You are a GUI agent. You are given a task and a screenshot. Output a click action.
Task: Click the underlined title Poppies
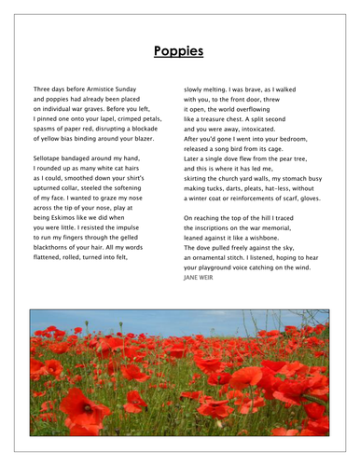180,53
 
